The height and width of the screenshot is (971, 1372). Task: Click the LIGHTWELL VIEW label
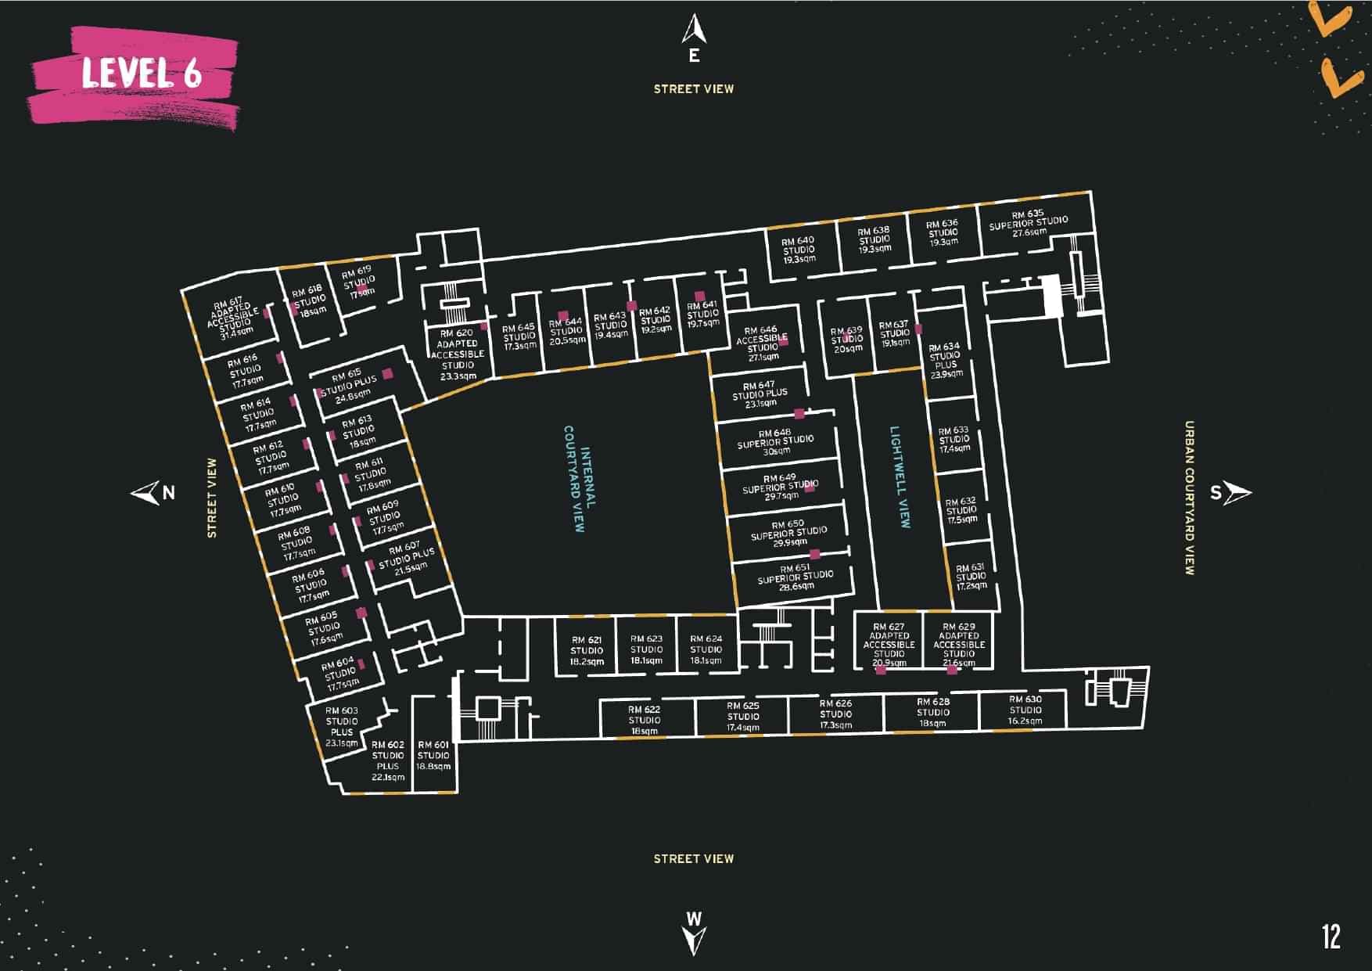click(900, 477)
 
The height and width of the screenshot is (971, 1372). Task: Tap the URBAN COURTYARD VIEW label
click(1189, 498)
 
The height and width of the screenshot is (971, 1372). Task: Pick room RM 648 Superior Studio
click(775, 441)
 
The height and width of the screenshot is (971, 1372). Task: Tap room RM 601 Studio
click(433, 755)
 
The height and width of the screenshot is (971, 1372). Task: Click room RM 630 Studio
click(1025, 710)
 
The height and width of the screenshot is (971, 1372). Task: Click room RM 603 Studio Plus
click(342, 725)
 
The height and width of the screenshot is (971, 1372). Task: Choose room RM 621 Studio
click(587, 650)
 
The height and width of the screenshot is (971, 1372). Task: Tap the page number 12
click(1331, 937)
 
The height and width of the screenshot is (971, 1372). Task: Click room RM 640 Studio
click(799, 250)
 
